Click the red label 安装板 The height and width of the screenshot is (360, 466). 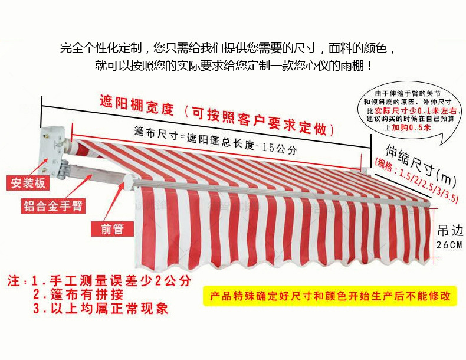point(27,182)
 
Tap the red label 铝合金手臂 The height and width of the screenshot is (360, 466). point(52,206)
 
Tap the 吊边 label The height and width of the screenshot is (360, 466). point(449,230)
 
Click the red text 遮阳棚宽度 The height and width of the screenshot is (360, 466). point(137,108)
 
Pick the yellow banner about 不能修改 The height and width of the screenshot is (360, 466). point(330,295)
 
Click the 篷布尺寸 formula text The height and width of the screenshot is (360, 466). point(215,139)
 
